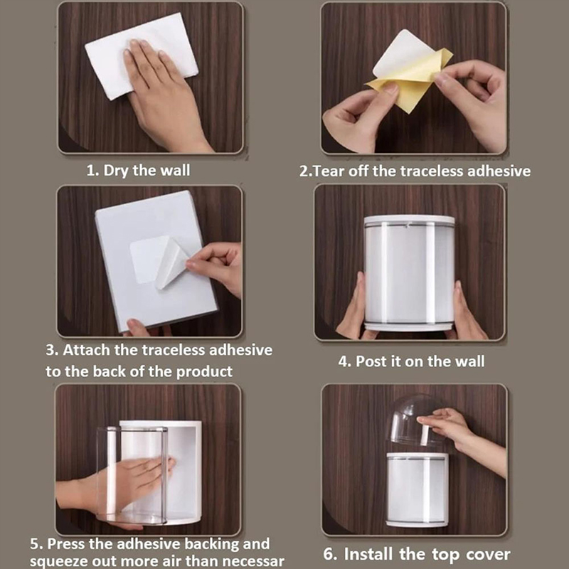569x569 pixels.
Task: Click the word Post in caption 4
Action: [x=371, y=361]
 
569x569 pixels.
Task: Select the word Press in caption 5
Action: [x=66, y=543]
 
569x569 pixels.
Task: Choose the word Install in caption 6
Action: [x=368, y=554]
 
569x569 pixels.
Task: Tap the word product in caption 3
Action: [x=204, y=372]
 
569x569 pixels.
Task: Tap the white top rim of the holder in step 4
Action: [x=410, y=220]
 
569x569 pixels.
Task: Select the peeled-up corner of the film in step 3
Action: [x=171, y=263]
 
